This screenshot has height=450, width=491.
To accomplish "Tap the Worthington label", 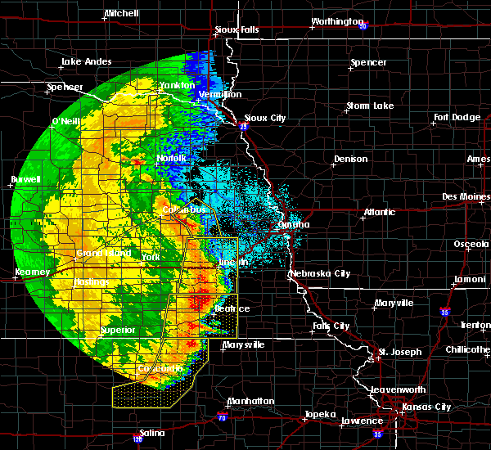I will (x=336, y=21).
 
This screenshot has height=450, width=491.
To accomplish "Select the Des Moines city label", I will (x=464, y=196).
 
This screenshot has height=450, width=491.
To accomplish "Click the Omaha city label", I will (x=294, y=224).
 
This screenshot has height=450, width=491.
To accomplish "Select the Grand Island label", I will (x=104, y=254).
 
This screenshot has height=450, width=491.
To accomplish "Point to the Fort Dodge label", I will (x=457, y=117).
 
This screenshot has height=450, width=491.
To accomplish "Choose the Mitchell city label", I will (x=121, y=14).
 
